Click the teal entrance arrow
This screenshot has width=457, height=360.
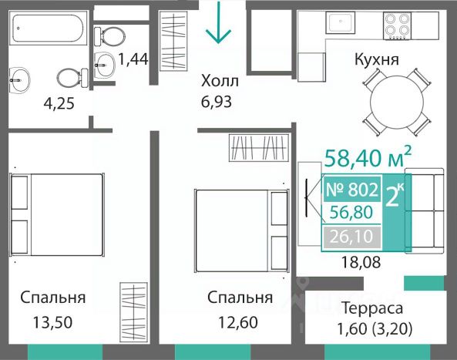pos(218,22)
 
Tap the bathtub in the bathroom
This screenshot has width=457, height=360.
pos(49,28)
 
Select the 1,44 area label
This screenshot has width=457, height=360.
pos(133,59)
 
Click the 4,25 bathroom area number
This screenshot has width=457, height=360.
pos(59,103)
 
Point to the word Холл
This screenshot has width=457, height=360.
pos(220,81)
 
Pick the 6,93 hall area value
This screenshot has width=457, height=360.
pos(217,102)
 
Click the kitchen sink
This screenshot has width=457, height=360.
pos(341,22)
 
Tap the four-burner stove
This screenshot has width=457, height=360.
pos(397,25)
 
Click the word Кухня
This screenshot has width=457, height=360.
pos(377,59)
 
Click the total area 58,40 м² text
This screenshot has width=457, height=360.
pos(368,158)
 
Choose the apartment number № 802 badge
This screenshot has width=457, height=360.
pos(351,189)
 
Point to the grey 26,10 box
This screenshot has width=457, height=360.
pos(351,236)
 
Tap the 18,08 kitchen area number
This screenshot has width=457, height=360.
pos(361,262)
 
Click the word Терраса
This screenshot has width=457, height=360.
pos(372,308)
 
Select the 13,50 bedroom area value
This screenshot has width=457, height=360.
pos(52,322)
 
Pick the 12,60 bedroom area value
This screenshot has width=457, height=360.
pos(238,322)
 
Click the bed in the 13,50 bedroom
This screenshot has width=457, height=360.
pos(57,215)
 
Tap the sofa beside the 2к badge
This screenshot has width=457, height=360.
pos(425,210)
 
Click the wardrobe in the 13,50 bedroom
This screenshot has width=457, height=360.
pos(134,312)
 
